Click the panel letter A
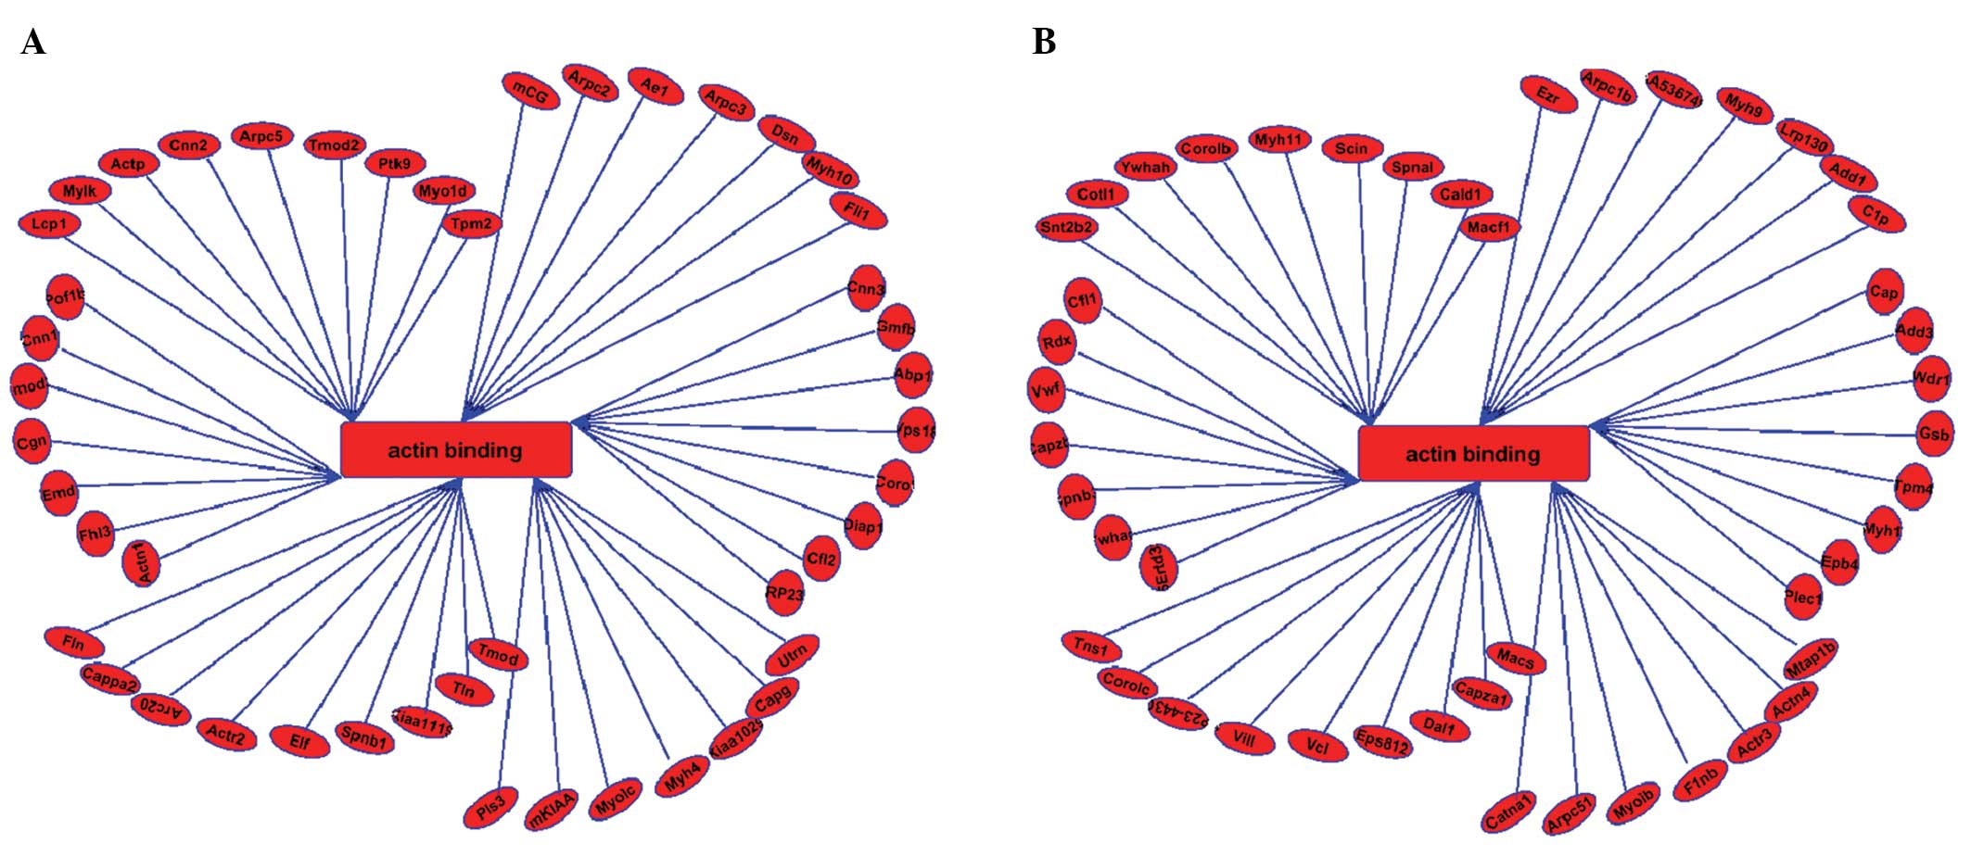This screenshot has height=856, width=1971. [x=33, y=43]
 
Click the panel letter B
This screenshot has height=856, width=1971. [x=1044, y=43]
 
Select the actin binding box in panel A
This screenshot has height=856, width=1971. [x=456, y=450]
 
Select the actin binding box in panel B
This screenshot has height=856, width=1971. [x=1473, y=454]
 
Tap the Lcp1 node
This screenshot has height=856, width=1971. [x=49, y=224]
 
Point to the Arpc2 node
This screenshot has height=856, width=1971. [x=590, y=83]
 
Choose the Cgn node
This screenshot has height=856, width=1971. [x=31, y=442]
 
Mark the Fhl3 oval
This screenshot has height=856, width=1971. [x=95, y=533]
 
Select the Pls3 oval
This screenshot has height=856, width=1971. [x=490, y=808]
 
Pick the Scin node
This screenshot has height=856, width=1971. [x=1352, y=148]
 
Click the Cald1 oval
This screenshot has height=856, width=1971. [x=1461, y=195]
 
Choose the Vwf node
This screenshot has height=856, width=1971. [x=1047, y=390]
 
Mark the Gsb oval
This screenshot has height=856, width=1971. [x=1934, y=434]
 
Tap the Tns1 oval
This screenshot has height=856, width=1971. [x=1091, y=647]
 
